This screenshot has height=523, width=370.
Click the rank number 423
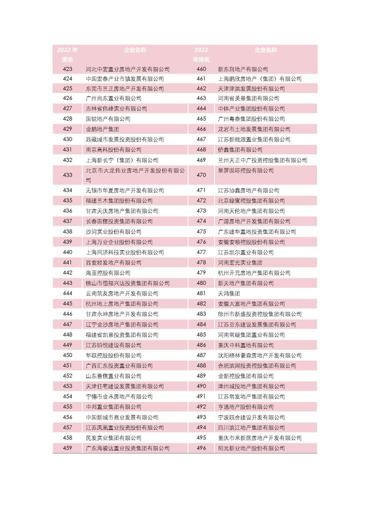[x=67, y=69]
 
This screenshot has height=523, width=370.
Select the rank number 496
[x=201, y=448]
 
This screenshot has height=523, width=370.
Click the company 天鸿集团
[x=228, y=293]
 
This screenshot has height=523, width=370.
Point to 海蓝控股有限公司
[x=107, y=273]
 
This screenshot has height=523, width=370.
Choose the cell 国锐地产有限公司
[x=107, y=119]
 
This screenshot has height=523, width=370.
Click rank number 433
[x=67, y=175]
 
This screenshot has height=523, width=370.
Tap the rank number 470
[x=201, y=175]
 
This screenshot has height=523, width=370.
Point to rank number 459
[x=67, y=448]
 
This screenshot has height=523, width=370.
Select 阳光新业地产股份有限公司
[x=248, y=448]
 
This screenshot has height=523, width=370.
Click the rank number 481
[x=201, y=293]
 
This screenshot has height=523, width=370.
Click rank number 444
[x=67, y=293]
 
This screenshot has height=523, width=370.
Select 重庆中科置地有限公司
[x=245, y=345]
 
